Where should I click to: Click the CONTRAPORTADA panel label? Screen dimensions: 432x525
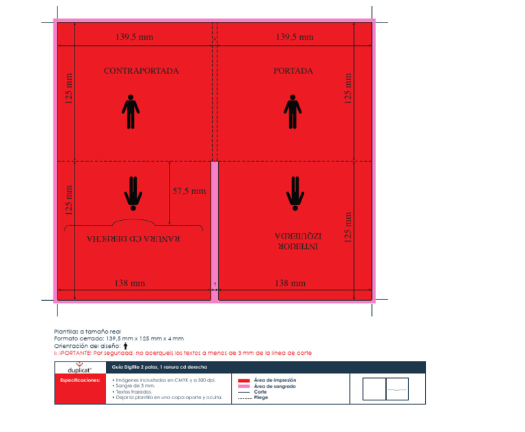pos(142,71)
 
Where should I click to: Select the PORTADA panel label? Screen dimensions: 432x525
pos(293,71)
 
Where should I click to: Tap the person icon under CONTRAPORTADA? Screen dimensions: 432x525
pos(131,112)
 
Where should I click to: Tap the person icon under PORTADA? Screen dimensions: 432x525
pos(293,112)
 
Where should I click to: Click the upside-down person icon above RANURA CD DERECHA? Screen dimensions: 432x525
pos(133,192)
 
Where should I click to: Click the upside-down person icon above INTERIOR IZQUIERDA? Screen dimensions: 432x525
pos(295,191)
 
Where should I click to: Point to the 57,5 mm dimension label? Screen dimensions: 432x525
pos(189,191)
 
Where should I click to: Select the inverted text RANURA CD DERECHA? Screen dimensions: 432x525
pos(133,239)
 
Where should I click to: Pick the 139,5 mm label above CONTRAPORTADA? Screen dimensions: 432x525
pos(135,37)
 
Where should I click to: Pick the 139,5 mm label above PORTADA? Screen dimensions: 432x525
pos(295,37)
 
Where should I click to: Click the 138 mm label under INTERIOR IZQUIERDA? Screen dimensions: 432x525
pos(290,283)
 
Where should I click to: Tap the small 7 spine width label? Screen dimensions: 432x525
pos(215,284)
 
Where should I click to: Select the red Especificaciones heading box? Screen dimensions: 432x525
pos(80,379)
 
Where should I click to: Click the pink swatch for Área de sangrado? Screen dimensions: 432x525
pos(243,387)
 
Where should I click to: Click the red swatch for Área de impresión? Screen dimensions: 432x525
pos(243,380)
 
